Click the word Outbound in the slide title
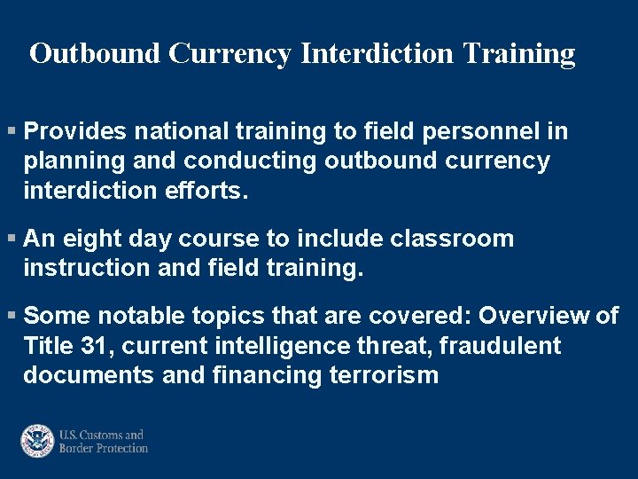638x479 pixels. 96,54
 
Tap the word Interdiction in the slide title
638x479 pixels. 376,54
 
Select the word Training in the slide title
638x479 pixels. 517,54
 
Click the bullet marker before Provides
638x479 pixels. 11,132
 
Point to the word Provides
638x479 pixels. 74,132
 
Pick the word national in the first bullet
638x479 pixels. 180,132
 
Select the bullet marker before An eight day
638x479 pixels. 11,239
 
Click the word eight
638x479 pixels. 93,239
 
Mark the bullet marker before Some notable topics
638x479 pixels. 11,316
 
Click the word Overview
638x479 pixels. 533,316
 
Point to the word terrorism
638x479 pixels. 383,376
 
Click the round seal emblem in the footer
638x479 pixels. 38,441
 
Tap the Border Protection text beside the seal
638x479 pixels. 103,449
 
